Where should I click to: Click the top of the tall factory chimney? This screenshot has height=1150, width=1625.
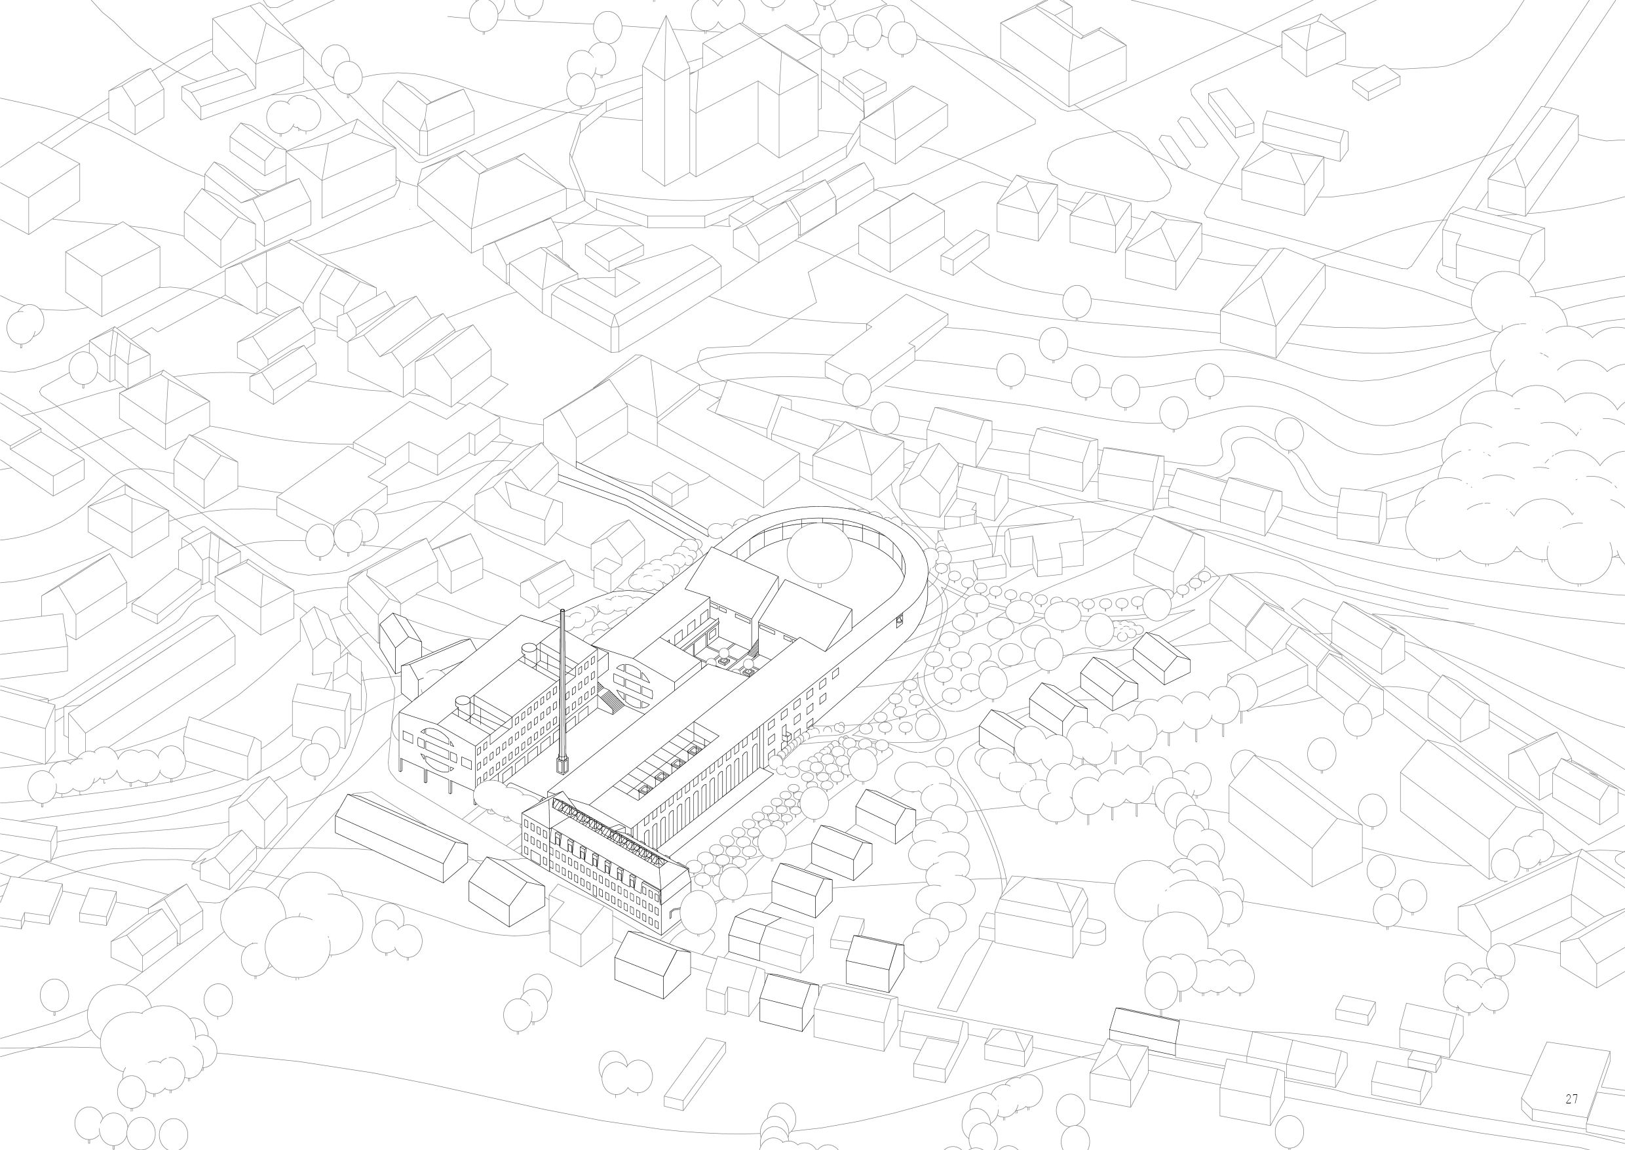click(x=562, y=611)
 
